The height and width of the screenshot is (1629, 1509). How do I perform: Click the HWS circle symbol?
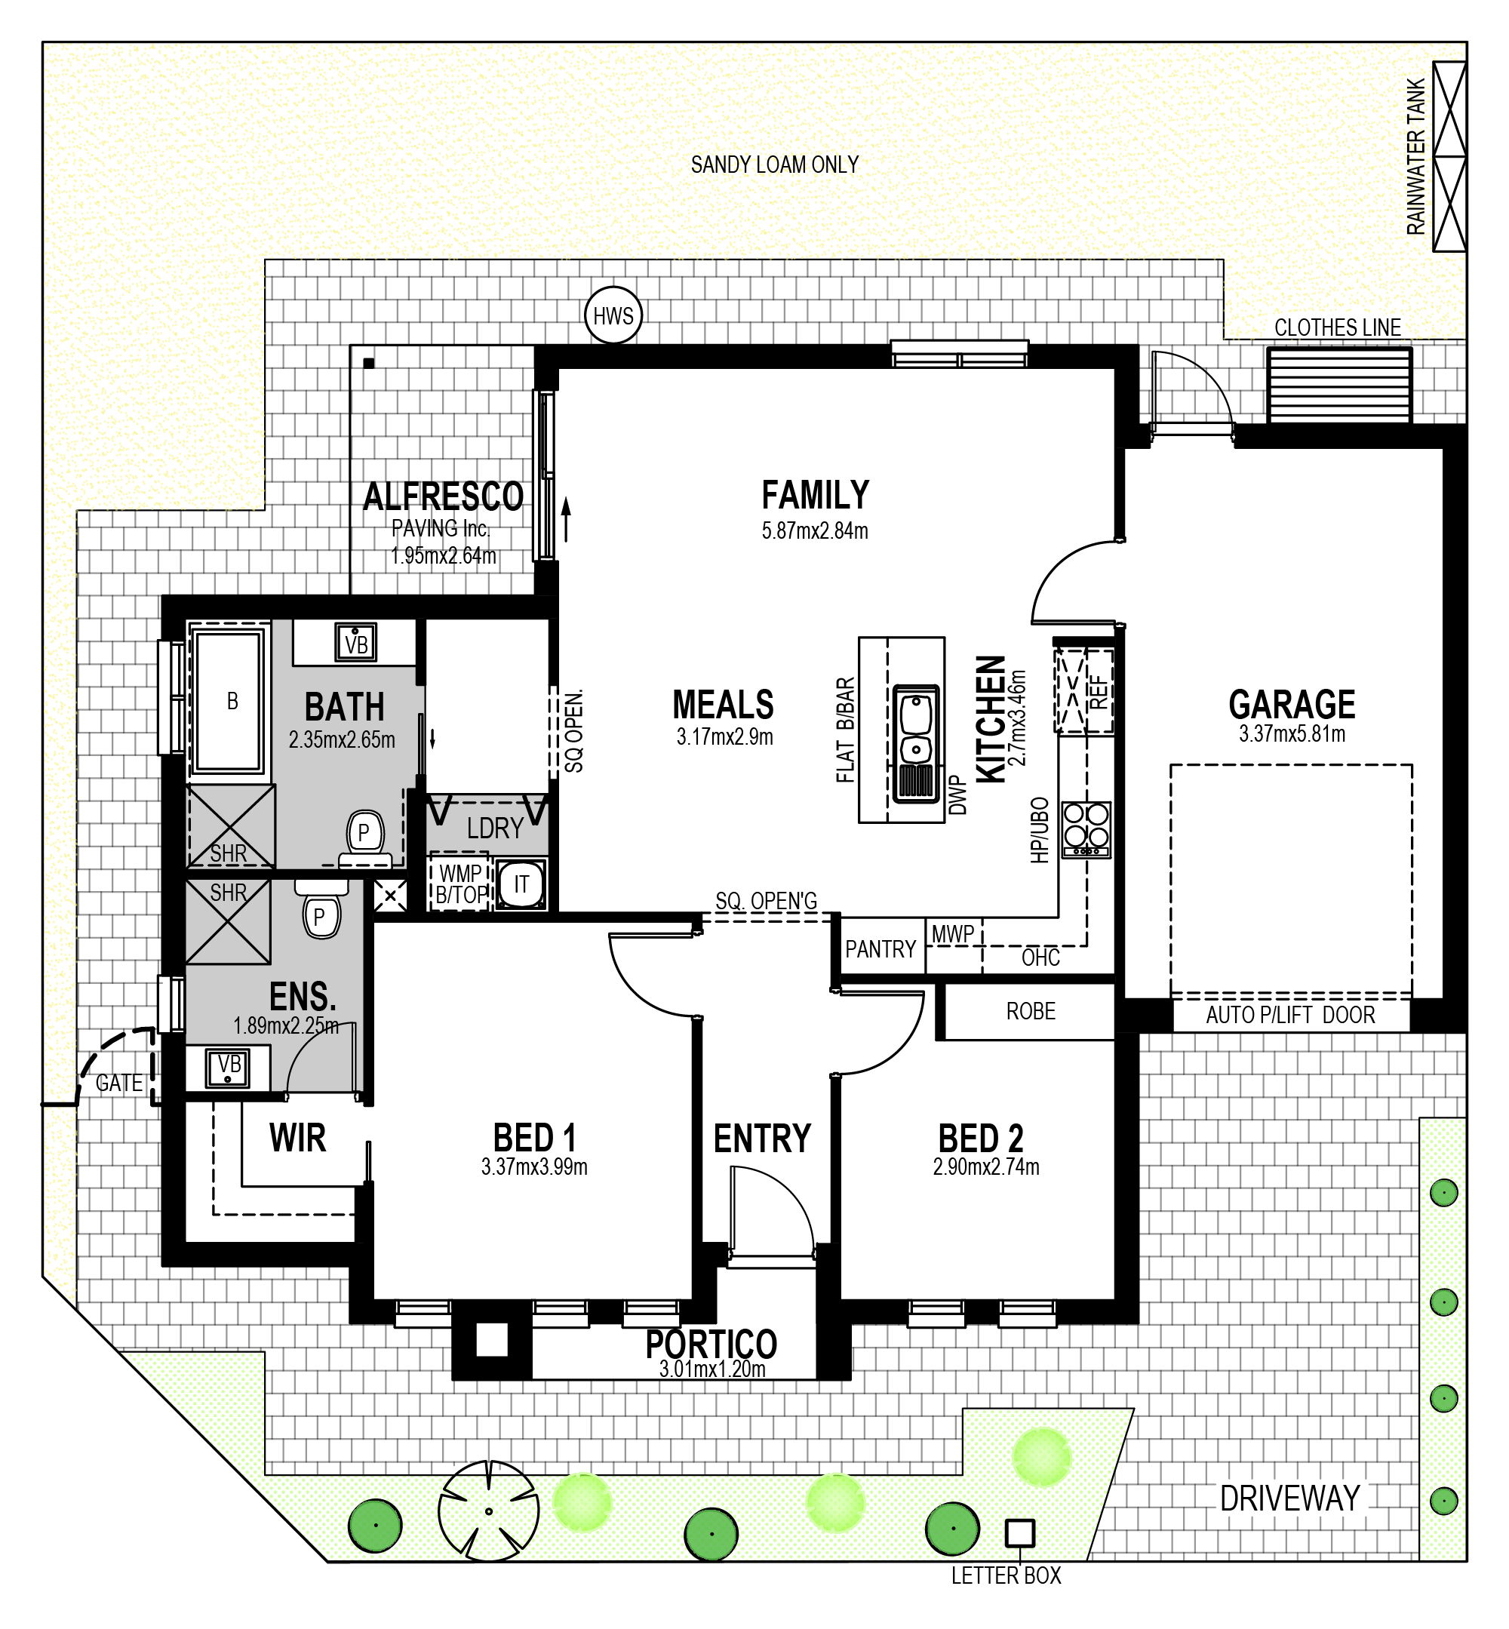click(613, 315)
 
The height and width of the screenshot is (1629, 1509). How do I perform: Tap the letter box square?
click(1019, 1532)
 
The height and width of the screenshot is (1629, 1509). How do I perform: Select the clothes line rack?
click(1338, 386)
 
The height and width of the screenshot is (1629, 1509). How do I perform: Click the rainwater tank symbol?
click(1449, 157)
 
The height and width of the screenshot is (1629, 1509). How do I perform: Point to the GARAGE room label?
click(1292, 704)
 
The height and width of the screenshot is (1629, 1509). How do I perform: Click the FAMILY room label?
click(815, 495)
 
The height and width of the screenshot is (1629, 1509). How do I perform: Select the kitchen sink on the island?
click(916, 744)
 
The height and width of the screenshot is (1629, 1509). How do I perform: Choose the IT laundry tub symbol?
click(520, 884)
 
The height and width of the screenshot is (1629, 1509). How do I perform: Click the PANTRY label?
click(881, 949)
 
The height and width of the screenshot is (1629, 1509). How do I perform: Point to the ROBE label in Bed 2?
click(1031, 1011)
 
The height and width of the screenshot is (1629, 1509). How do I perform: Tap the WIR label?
click(297, 1138)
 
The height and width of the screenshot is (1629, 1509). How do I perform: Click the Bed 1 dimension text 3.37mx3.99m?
click(534, 1166)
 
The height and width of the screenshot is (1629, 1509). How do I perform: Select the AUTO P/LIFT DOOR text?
click(1290, 1015)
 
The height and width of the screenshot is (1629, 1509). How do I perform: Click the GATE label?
click(119, 1083)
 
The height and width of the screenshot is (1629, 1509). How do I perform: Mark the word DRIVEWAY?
click(1289, 1498)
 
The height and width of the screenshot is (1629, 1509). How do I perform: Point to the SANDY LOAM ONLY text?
click(774, 165)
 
